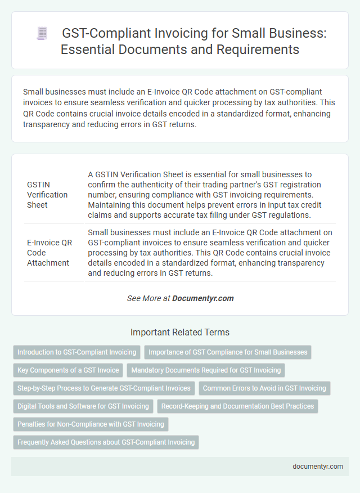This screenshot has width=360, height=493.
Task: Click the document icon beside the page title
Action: (42, 33)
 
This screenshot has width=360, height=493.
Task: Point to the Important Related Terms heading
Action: (180, 332)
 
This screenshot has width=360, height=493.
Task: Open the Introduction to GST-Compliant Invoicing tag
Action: (77, 352)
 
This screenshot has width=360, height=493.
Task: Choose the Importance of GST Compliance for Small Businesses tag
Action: (228, 352)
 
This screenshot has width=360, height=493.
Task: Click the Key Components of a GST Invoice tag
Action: (68, 370)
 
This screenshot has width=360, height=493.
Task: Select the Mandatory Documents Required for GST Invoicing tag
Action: (206, 370)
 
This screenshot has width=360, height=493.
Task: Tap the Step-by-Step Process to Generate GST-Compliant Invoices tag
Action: (103, 388)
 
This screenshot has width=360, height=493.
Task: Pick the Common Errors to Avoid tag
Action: (264, 388)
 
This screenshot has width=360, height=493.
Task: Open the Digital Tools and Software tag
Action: (83, 406)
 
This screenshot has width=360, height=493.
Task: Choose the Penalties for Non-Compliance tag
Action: (91, 424)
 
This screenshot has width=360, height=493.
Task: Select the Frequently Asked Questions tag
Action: (106, 442)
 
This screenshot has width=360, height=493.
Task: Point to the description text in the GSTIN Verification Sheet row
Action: (209, 195)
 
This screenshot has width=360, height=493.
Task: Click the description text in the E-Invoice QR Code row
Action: (209, 253)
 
